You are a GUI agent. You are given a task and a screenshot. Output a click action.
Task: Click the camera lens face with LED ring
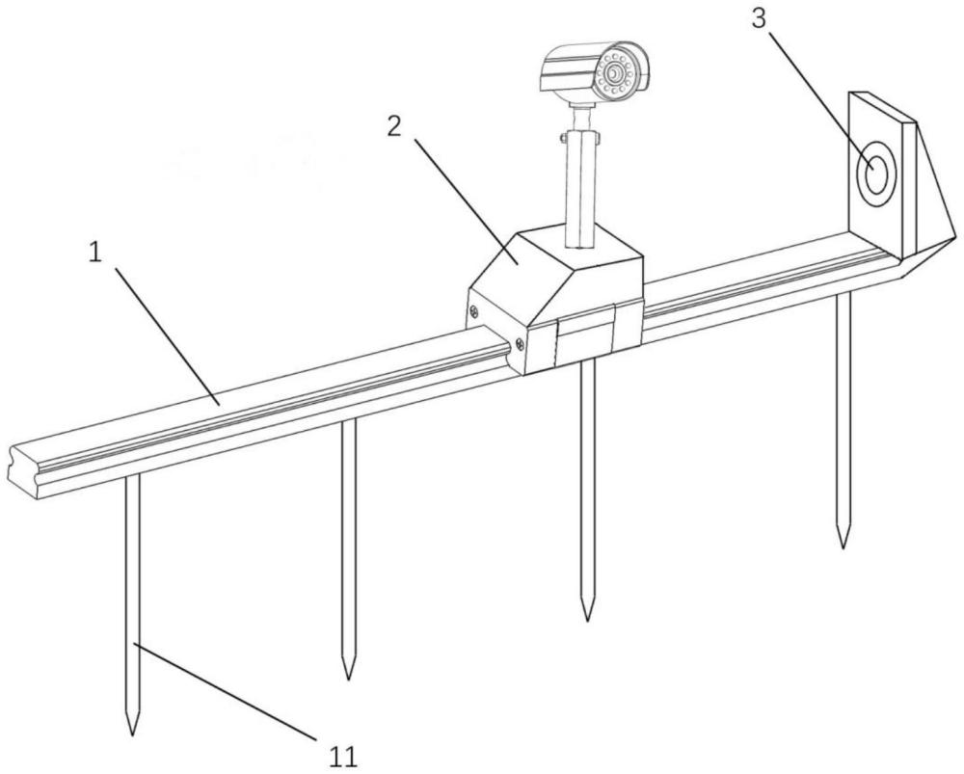[x=615, y=75]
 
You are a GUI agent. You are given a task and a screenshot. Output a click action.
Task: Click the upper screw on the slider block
[x=476, y=310]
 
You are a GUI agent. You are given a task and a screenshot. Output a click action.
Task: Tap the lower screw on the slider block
[x=520, y=344]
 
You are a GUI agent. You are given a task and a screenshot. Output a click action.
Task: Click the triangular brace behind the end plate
[x=928, y=202]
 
